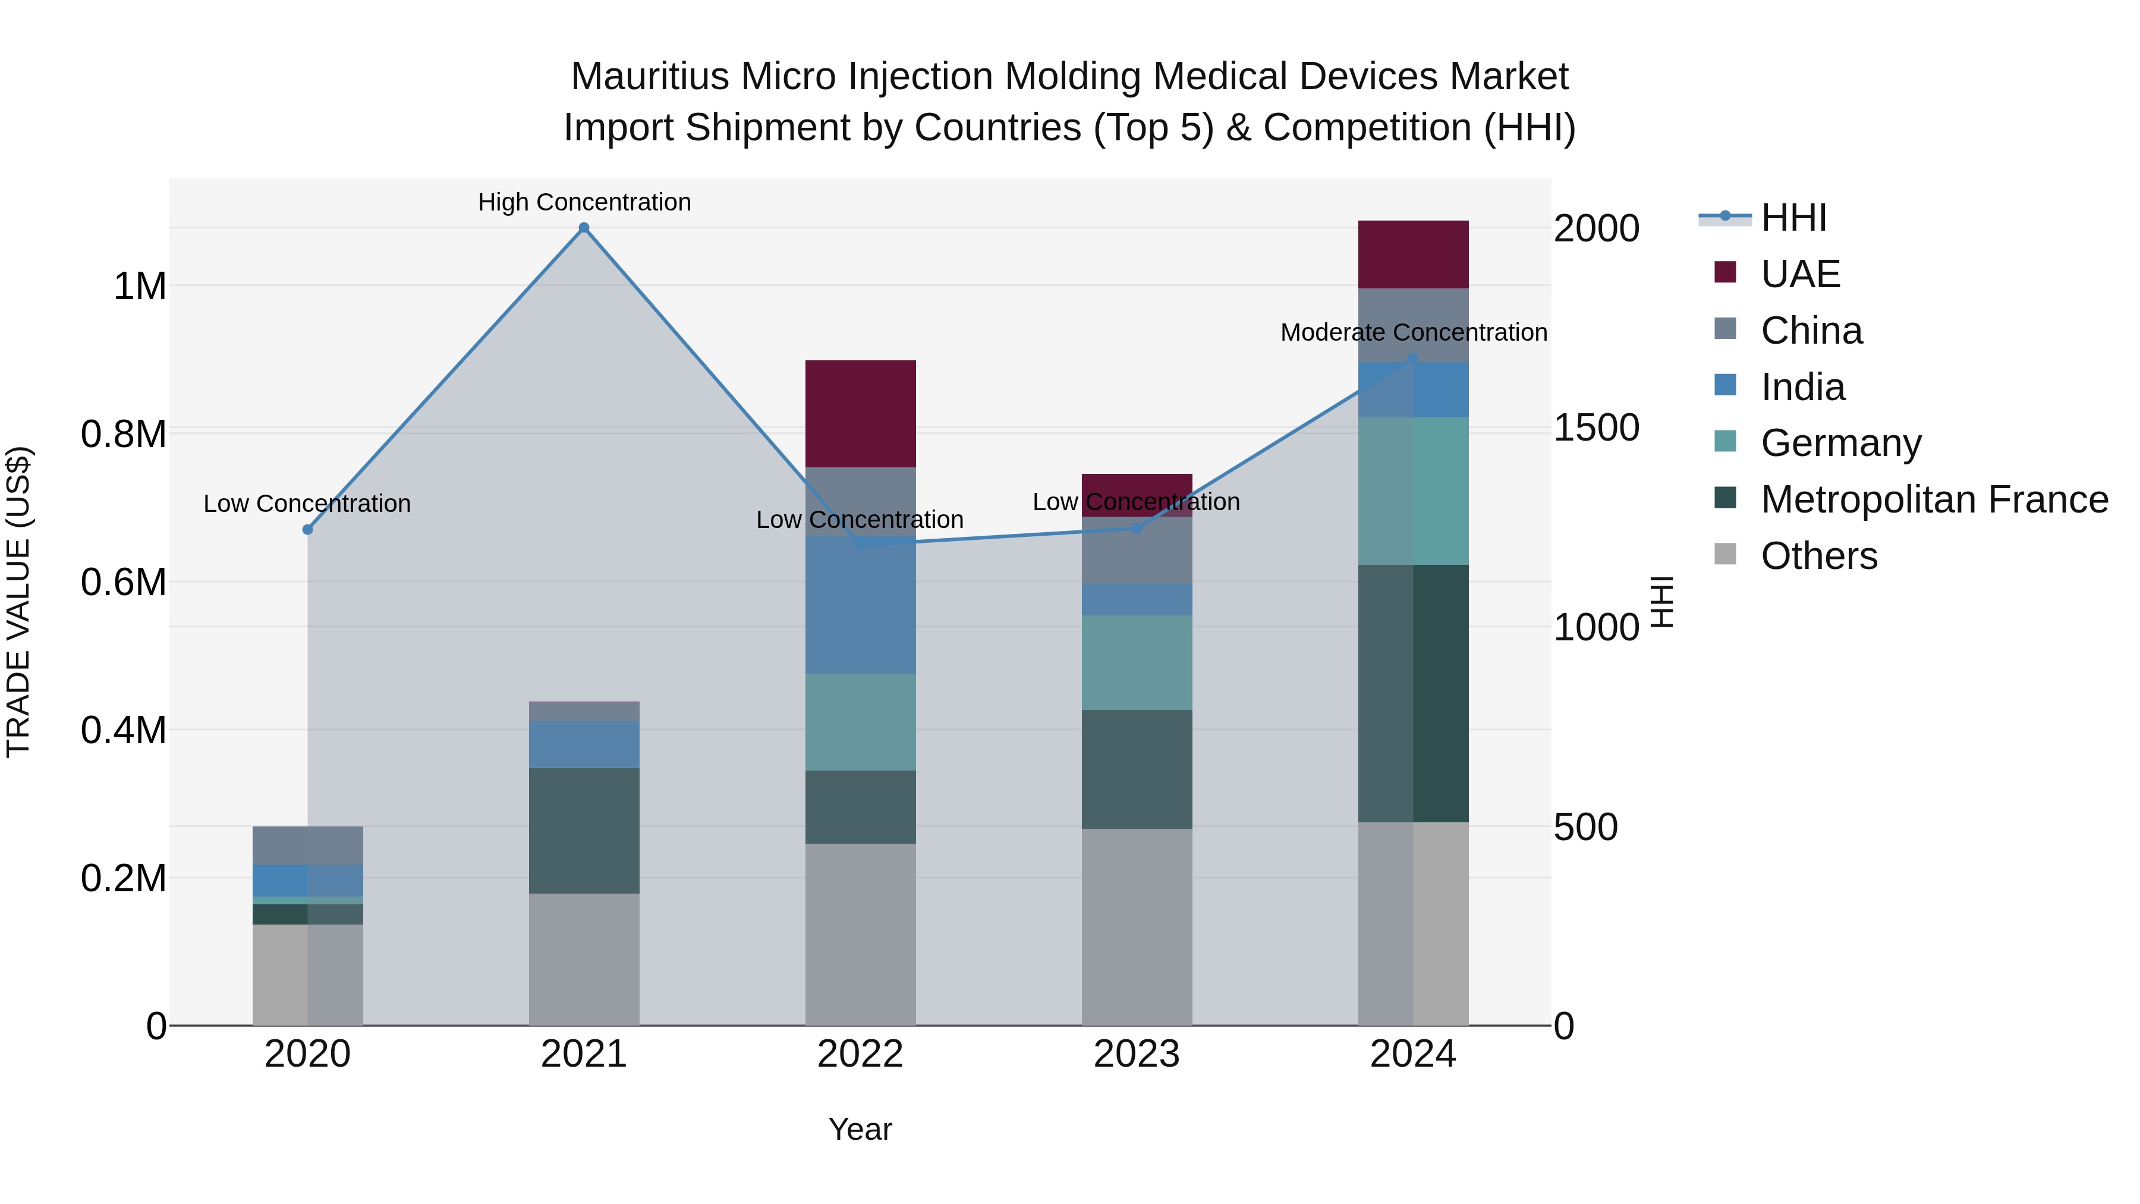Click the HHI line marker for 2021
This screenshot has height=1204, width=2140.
[584, 228]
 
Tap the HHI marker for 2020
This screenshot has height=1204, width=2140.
[307, 529]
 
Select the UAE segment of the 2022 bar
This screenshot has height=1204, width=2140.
[861, 414]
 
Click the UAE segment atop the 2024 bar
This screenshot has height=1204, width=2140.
[1413, 254]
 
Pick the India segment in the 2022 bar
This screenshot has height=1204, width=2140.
[861, 605]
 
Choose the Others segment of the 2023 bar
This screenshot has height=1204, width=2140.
[1137, 926]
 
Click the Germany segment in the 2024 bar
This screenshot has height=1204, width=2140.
[1413, 491]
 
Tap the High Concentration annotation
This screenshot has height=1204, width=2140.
[584, 202]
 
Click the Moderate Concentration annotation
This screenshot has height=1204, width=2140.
[1413, 332]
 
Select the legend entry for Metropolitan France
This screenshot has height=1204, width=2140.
[1934, 499]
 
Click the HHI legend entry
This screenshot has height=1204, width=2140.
[1793, 218]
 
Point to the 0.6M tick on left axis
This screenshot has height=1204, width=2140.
[124, 581]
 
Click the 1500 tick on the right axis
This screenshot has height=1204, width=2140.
[1596, 428]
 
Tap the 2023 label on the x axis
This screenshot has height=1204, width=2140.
[1137, 1054]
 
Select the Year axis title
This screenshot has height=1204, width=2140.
[860, 1129]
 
